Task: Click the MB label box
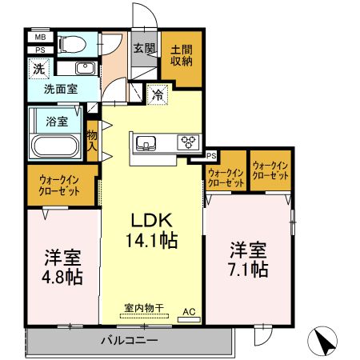39,37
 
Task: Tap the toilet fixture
73,42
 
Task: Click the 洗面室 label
61,90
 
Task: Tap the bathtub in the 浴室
52,145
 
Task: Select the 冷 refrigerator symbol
158,94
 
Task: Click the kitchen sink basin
146,143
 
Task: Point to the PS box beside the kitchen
211,156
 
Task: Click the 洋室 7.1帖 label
249,258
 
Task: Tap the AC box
189,315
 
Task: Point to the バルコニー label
129,342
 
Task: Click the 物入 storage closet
92,142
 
